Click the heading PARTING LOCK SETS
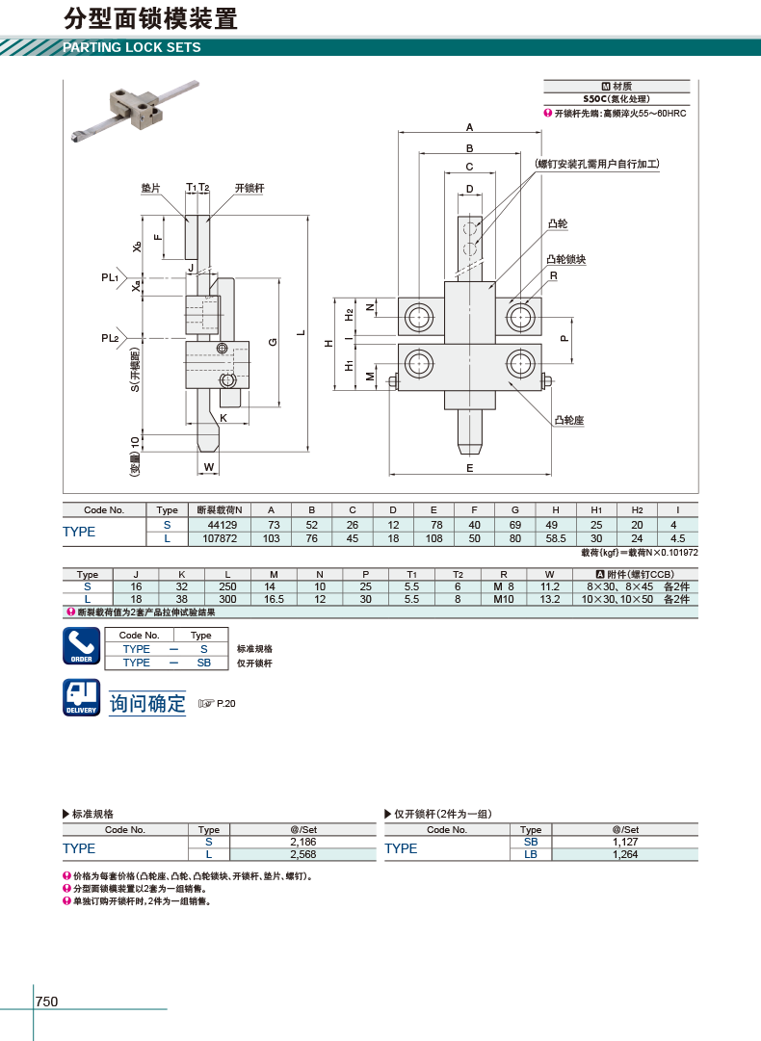click(131, 47)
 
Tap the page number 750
click(46, 1002)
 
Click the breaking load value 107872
click(220, 538)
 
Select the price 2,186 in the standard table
click(302, 842)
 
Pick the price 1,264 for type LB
click(625, 854)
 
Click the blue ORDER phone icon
click(82, 646)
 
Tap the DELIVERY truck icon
click(82, 697)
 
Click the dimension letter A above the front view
click(469, 127)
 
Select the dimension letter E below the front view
click(469, 468)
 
